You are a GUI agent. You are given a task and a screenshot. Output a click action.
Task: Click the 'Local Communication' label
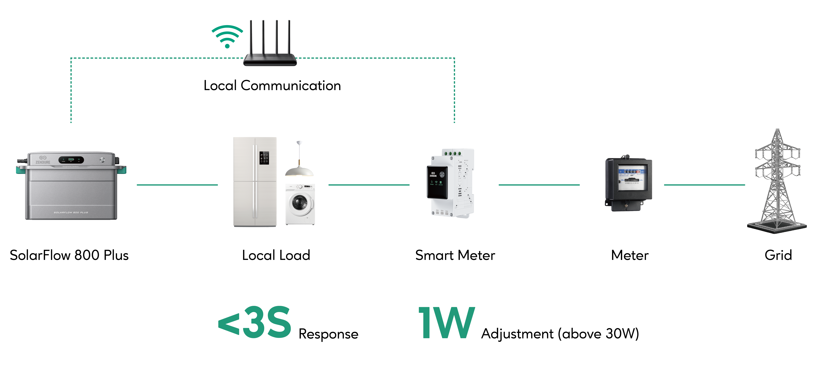[x=272, y=86]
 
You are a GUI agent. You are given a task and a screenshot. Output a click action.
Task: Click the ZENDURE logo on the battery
[x=43, y=160]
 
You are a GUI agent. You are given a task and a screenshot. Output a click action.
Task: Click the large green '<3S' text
[x=255, y=323]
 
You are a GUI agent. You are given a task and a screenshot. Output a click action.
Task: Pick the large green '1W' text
[x=446, y=323]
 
